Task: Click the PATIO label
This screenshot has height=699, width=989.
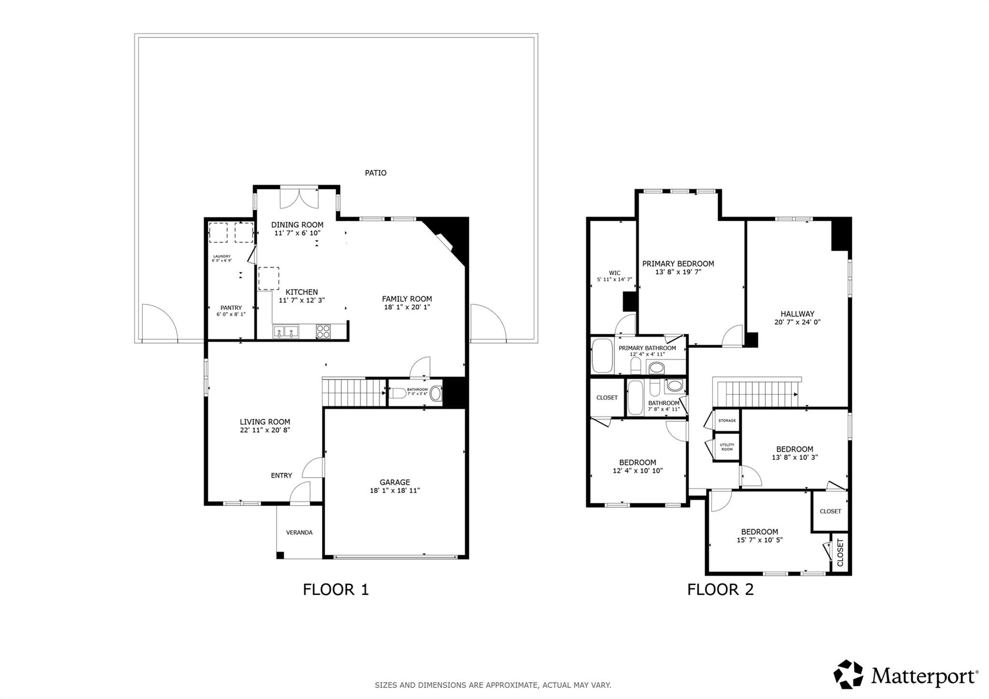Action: [375, 173]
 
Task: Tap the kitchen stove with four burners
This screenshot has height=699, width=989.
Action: [323, 331]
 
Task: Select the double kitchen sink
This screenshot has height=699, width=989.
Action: [285, 331]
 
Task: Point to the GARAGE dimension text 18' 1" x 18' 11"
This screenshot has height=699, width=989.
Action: [395, 491]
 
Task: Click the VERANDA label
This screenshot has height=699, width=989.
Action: [299, 532]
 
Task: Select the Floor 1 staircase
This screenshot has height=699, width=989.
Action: [353, 393]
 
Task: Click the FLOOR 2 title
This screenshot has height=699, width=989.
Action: [720, 589]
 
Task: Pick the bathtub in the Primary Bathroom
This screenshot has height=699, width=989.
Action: [602, 356]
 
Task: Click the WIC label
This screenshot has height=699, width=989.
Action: [614, 273]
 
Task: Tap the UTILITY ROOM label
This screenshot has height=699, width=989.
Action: [726, 447]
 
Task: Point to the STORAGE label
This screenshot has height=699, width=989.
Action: [726, 421]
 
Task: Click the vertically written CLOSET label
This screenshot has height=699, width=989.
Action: [840, 553]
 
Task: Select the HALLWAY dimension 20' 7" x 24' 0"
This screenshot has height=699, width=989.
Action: [797, 322]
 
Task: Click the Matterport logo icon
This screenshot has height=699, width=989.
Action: [848, 674]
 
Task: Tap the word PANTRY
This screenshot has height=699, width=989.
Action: [231, 308]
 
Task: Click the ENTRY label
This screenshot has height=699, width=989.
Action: [281, 475]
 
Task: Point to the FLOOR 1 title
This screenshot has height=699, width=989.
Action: [336, 589]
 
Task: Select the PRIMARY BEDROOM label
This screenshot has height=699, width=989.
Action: [678, 264]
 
